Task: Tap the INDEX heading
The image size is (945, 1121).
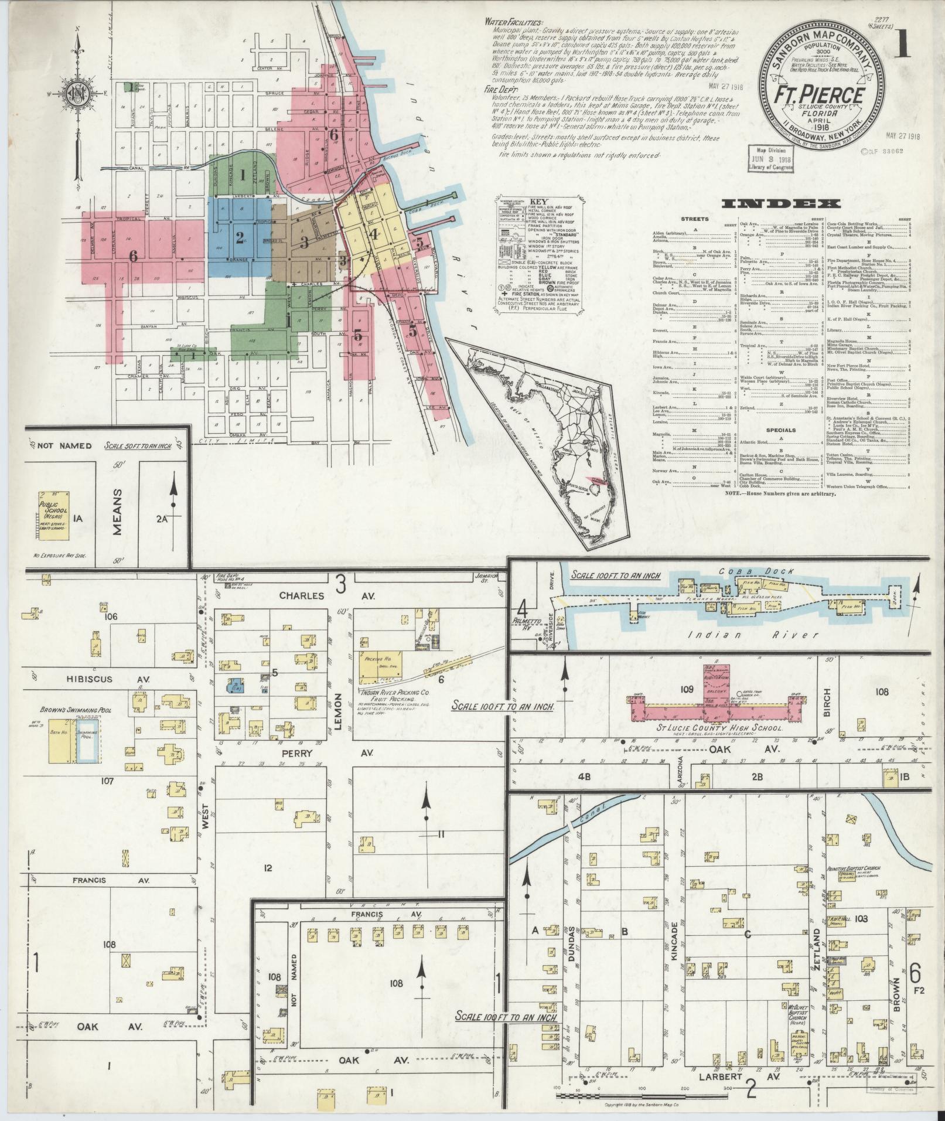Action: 782,203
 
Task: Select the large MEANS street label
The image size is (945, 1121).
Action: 118,505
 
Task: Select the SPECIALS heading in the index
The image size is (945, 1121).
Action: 780,430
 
